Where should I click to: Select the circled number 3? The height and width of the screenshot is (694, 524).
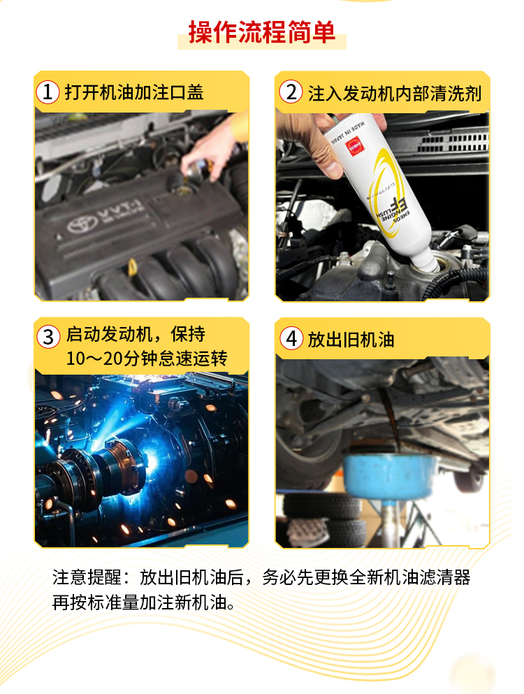48,337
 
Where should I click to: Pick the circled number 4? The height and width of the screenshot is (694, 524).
290,340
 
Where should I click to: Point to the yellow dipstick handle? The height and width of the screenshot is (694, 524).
132,268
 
